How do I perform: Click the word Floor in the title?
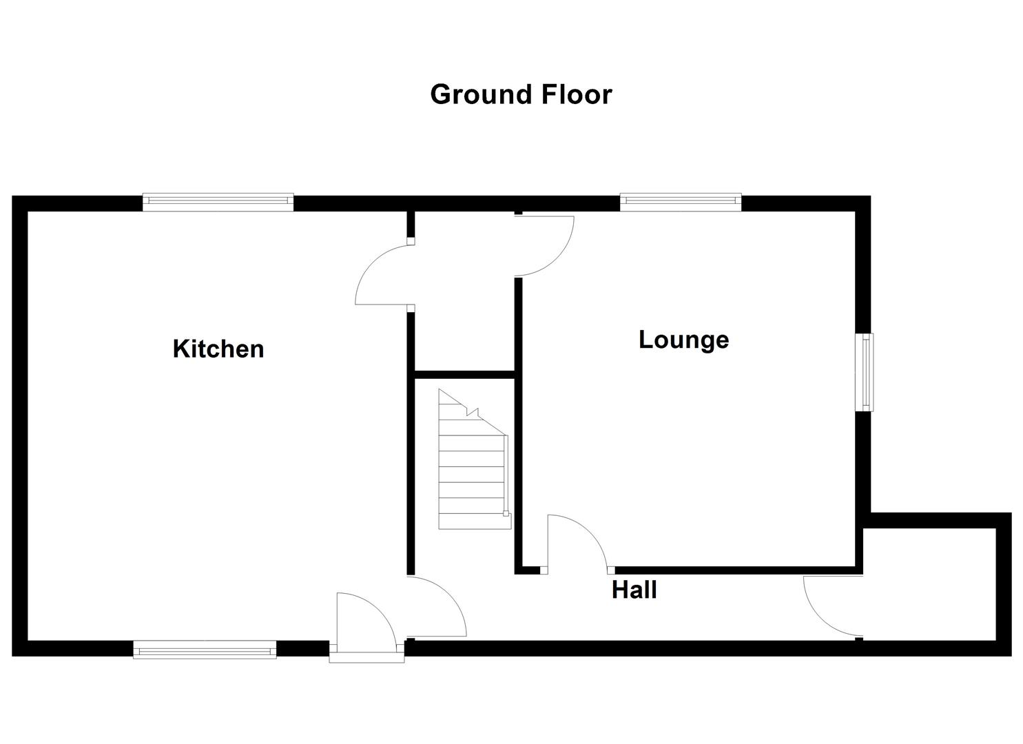pyautogui.click(x=576, y=94)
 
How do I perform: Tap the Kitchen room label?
pyautogui.click(x=218, y=349)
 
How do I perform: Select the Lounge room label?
pyautogui.click(x=683, y=340)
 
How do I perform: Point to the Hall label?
pyautogui.click(x=634, y=590)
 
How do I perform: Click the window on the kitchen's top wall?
pyautogui.click(x=218, y=201)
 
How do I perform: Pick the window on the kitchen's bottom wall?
pyautogui.click(x=205, y=649)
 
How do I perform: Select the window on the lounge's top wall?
pyautogui.click(x=681, y=201)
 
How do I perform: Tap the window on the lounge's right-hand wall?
pyautogui.click(x=864, y=372)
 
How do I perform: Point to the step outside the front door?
pyautogui.click(x=366, y=654)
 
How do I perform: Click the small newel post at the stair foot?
pyautogui.click(x=506, y=513)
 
